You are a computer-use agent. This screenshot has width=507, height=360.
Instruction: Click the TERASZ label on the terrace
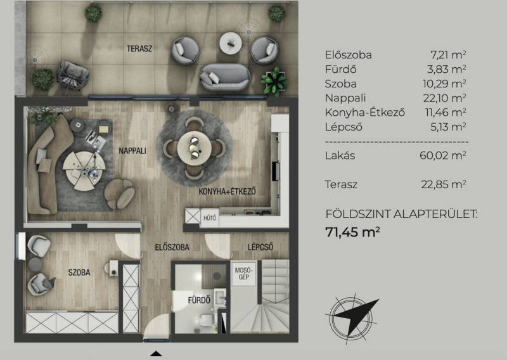[139, 49]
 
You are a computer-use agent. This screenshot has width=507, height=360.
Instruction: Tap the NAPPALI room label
[132, 151]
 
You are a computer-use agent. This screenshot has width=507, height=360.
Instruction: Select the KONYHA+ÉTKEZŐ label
[227, 191]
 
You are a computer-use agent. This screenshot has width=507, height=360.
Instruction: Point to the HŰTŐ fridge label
[210, 218]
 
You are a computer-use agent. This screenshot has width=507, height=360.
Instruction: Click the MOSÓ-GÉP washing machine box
[243, 274]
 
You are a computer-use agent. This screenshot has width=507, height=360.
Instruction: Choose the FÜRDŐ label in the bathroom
[199, 300]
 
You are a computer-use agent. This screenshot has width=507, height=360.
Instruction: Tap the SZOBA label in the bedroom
[79, 273]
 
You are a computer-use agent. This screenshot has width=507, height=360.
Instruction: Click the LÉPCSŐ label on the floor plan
[260, 247]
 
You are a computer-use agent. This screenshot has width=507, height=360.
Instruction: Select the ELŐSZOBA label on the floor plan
[172, 247]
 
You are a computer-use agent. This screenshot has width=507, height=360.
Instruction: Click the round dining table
[195, 148]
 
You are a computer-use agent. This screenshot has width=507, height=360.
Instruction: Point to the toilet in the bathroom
[205, 321]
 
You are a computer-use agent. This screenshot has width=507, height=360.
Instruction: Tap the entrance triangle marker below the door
[156, 354]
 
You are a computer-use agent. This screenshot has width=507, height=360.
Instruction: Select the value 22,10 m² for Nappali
[445, 98]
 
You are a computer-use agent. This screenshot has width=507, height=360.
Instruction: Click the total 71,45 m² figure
[352, 232]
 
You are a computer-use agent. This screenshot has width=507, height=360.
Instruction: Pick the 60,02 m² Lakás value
[443, 155]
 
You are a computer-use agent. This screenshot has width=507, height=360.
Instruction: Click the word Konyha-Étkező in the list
[365, 113]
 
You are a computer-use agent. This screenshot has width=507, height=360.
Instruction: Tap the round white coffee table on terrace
[231, 42]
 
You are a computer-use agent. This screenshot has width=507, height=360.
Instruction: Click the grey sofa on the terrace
[225, 77]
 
